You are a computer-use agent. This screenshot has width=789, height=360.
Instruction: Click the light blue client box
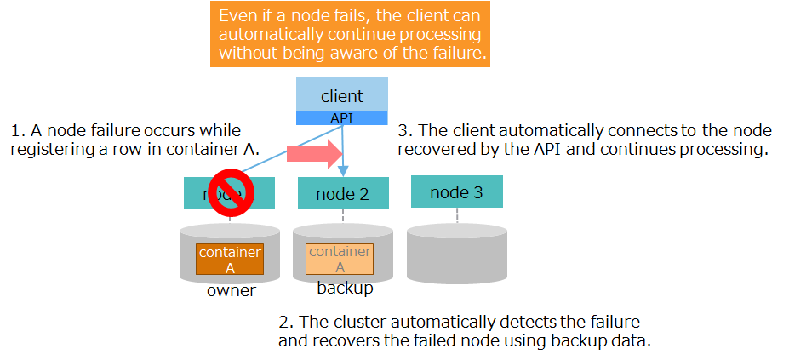coord(341,94)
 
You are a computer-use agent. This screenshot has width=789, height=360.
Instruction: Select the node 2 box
coord(342,194)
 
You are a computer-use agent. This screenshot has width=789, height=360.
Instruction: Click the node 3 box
coord(456,192)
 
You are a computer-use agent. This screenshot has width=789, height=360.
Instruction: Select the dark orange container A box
coord(229,260)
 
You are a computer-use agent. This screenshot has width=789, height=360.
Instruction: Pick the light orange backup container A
coord(339,260)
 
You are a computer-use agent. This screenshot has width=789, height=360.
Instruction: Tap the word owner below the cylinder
coord(231,291)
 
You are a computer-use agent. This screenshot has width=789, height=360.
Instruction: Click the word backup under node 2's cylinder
coord(345,289)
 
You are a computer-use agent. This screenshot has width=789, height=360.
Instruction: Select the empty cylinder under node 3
coord(456,254)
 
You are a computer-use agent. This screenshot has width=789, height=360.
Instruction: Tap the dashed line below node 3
coord(456,215)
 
